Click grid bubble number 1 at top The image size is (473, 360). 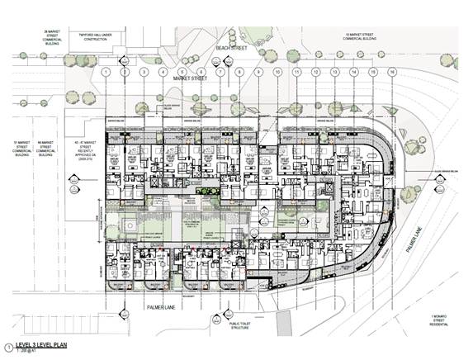[106, 73]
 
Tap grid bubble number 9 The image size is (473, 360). [258, 73]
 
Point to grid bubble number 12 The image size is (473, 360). [315, 73]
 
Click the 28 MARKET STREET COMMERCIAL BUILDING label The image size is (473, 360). [37, 36]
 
